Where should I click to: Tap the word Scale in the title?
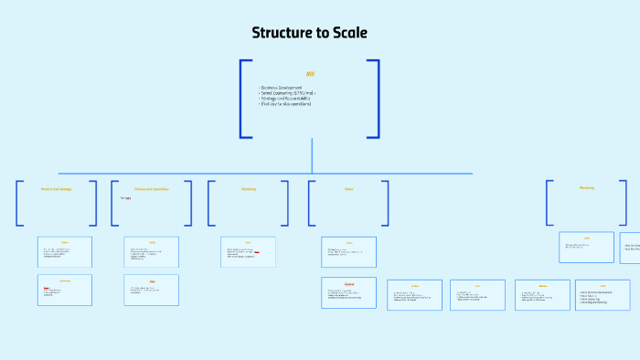click(348, 33)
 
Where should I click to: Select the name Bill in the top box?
click(310, 74)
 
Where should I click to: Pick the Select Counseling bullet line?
click(288, 93)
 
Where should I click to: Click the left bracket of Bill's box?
click(242, 99)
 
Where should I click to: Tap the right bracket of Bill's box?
click(376, 99)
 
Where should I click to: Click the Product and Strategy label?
click(56, 189)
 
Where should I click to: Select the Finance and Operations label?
click(152, 189)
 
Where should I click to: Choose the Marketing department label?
click(249, 189)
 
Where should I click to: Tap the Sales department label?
click(348, 189)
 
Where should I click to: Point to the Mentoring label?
click(586, 187)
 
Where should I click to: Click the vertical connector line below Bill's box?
click(312, 155)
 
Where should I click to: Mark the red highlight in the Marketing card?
click(257, 251)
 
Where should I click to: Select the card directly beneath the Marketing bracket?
click(248, 251)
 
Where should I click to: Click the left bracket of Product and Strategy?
click(18, 203)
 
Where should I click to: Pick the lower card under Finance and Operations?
click(152, 290)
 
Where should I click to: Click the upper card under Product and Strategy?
click(65, 251)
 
